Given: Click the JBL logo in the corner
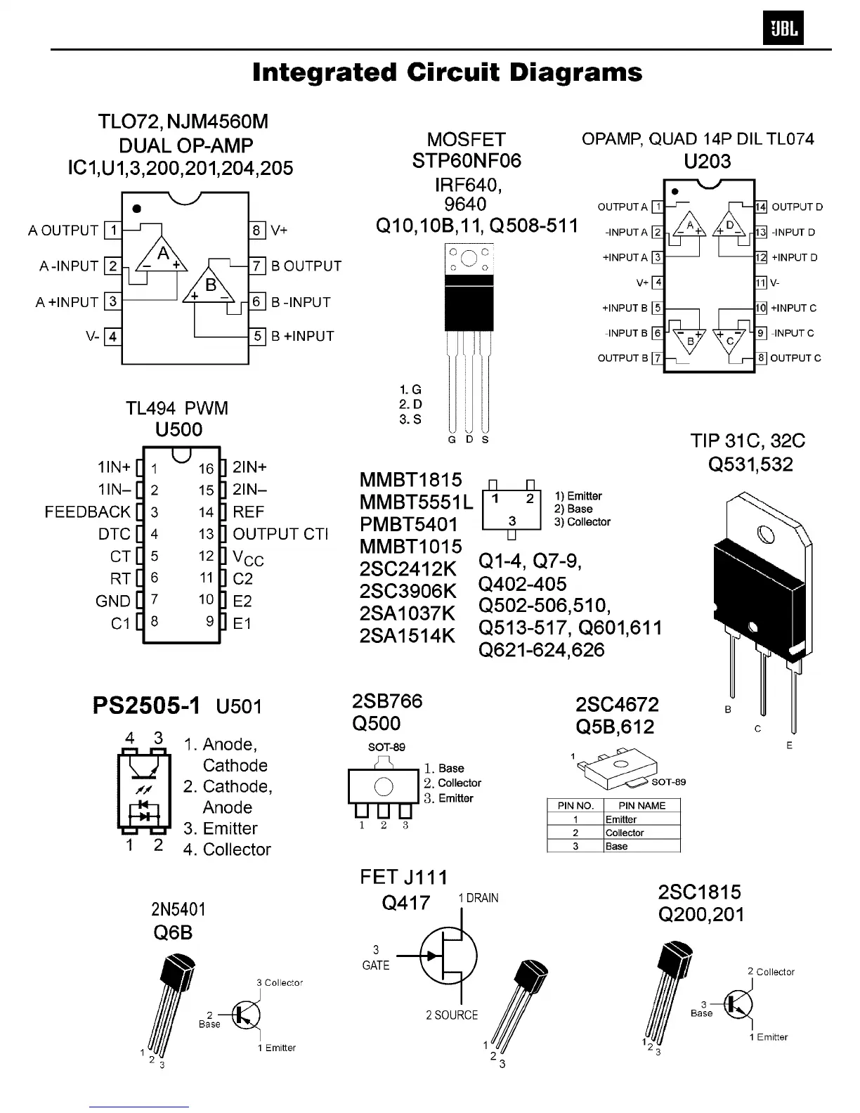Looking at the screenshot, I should [783, 30].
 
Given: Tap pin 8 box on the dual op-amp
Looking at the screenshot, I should [257, 230].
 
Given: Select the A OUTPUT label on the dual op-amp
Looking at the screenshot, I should [63, 230].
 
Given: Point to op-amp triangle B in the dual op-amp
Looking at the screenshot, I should [210, 286].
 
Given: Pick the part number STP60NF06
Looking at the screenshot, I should [467, 161].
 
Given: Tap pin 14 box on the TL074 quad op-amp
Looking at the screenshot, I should [761, 207].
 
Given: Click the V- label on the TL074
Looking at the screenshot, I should [776, 282].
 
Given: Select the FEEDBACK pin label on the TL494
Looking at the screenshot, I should [88, 512].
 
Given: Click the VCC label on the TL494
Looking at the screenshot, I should [248, 558].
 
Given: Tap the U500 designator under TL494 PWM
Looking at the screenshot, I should [178, 429].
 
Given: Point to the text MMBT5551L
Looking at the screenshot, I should [417, 502].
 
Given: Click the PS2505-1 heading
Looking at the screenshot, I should [146, 705].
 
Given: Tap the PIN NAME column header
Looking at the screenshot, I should [641, 805].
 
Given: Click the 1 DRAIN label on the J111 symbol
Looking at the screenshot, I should [478, 898].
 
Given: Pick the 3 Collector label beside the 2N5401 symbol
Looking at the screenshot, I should [280, 982].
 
